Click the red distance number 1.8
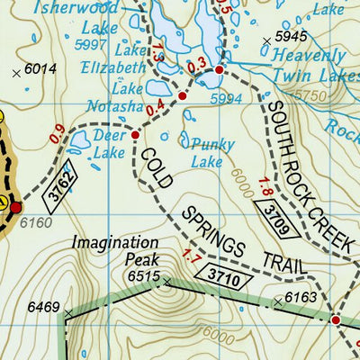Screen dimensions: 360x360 point(264,188)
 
